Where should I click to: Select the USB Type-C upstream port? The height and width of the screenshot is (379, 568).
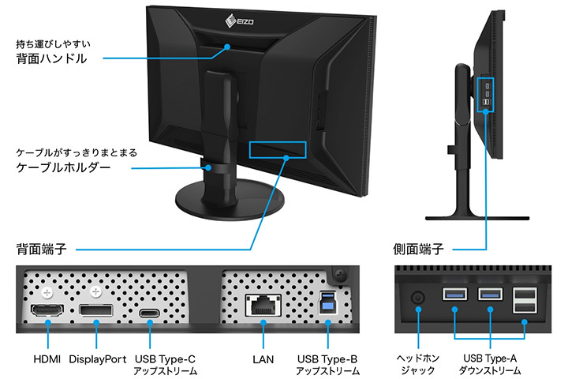(x=149, y=313)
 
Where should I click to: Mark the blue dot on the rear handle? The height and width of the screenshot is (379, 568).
(x=226, y=47)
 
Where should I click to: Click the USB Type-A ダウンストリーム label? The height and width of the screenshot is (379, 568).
(x=491, y=364)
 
